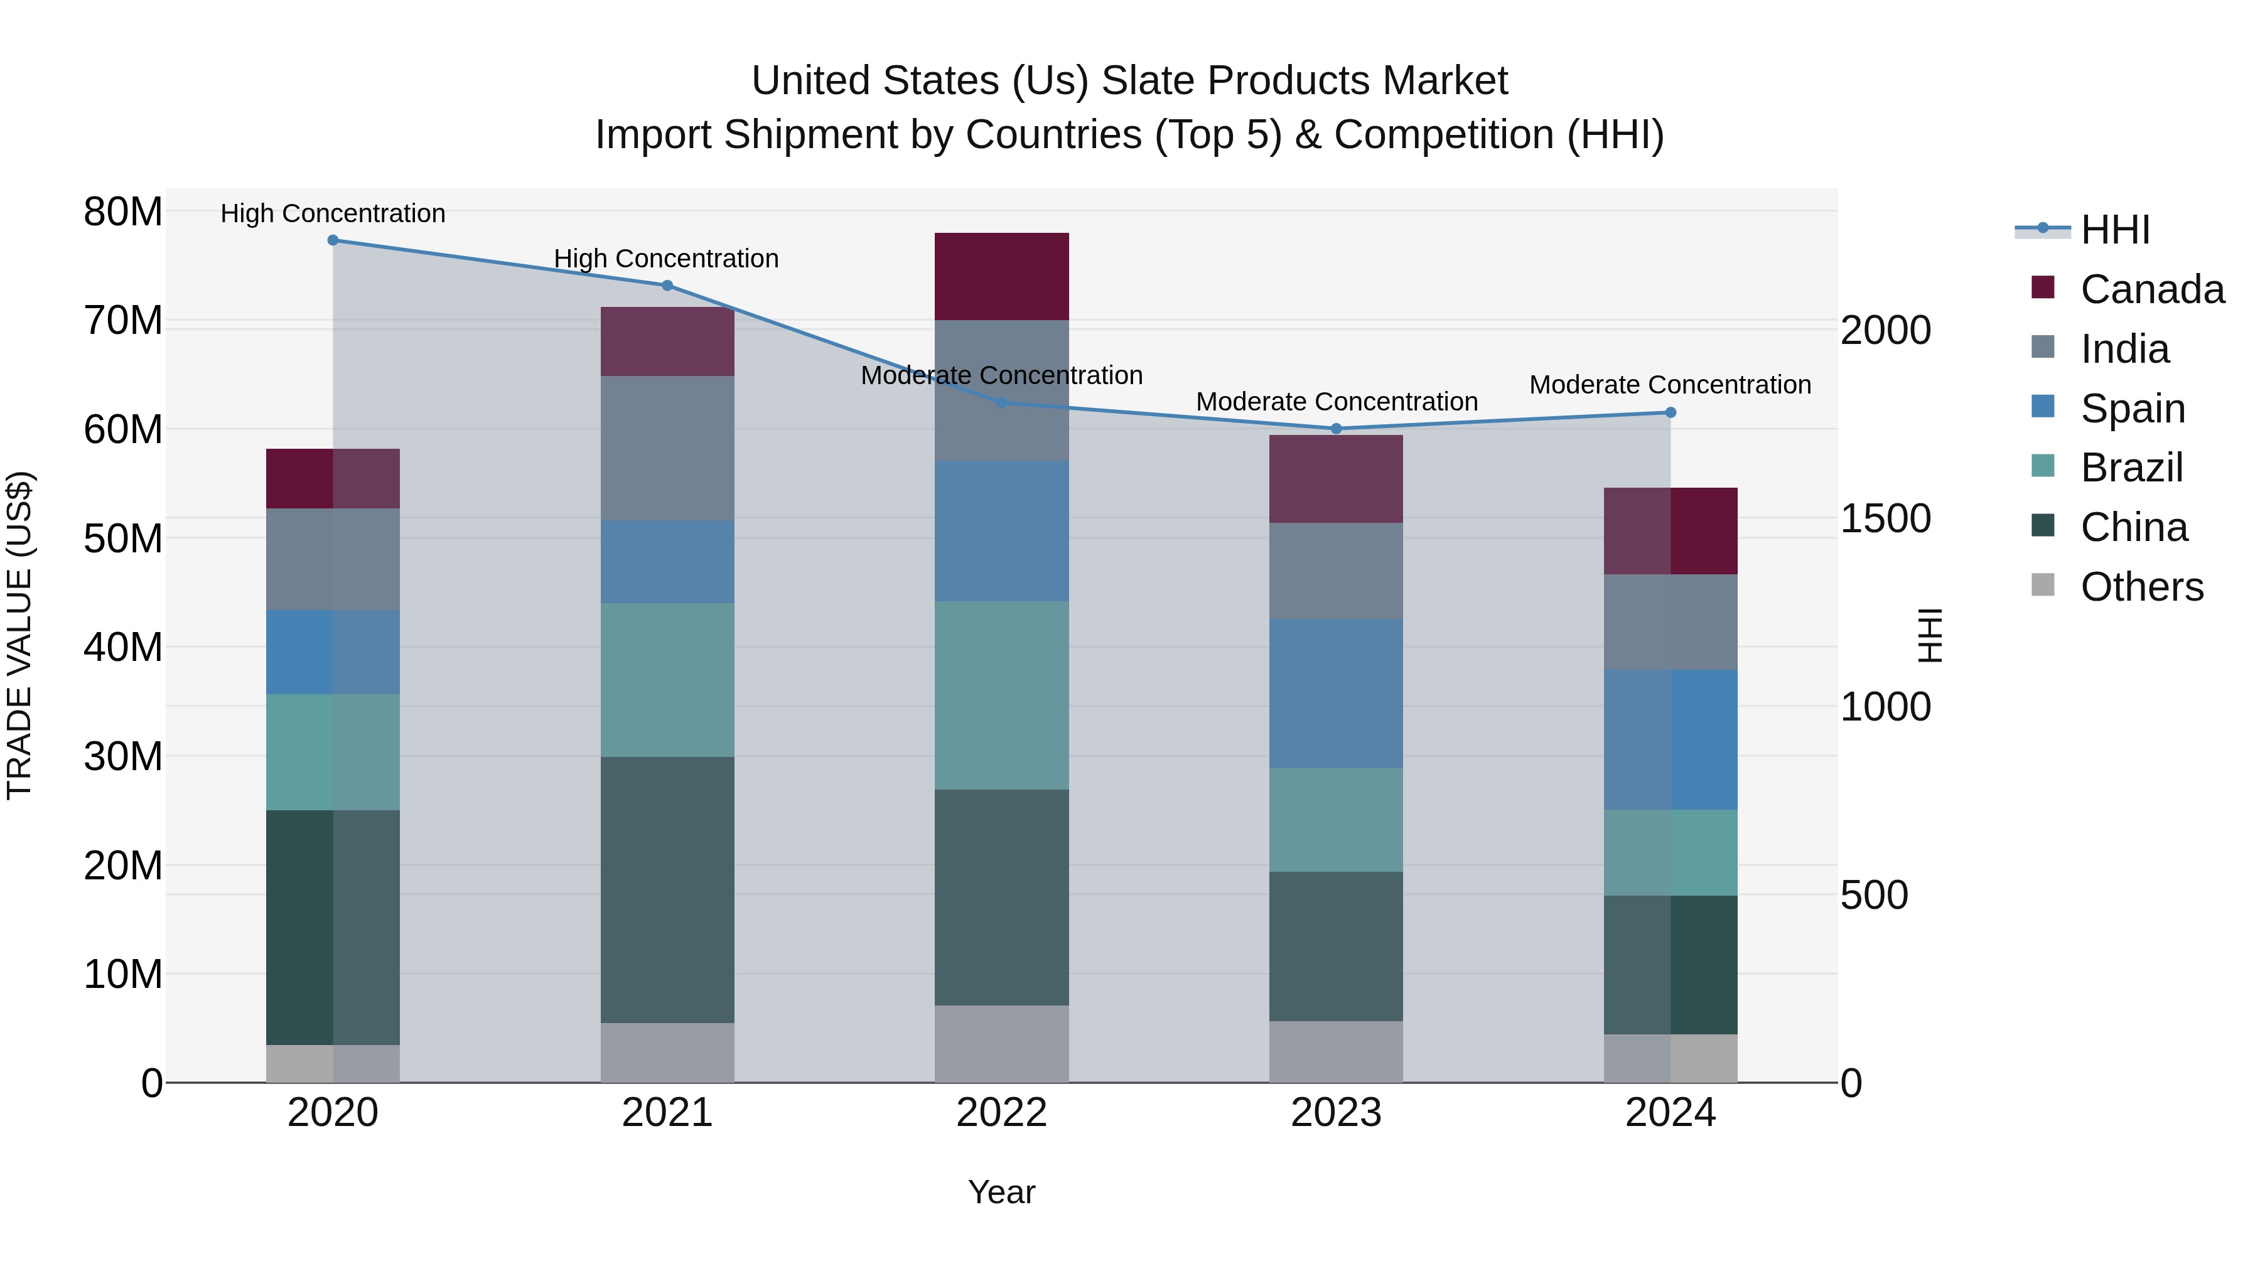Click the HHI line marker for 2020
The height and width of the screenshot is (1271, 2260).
pyautogui.click(x=333, y=240)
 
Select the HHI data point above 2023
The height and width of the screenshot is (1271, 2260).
pyautogui.click(x=1336, y=429)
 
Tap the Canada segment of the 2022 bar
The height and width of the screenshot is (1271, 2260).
pyautogui.click(x=1001, y=276)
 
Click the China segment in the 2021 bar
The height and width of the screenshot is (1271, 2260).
pyautogui.click(x=667, y=889)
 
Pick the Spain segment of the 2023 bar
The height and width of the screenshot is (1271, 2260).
pyautogui.click(x=1336, y=694)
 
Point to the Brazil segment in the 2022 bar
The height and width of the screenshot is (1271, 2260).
pyautogui.click(x=1001, y=695)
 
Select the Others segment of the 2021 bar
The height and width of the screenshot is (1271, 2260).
pyautogui.click(x=667, y=1053)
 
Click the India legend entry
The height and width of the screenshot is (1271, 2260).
pyautogui.click(x=2124, y=349)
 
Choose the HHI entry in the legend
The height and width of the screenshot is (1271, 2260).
pyautogui.click(x=2114, y=230)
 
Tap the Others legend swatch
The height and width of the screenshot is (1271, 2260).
pyautogui.click(x=2042, y=585)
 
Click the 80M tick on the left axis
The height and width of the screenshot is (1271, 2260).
pyautogui.click(x=123, y=212)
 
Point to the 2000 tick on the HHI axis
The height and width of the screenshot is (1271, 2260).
pyautogui.click(x=1885, y=331)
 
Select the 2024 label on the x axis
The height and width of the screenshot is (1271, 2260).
pyautogui.click(x=1669, y=1113)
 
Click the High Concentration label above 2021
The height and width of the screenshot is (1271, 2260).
pyautogui.click(x=666, y=259)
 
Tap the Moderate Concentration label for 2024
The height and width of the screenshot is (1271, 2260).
pyautogui.click(x=1669, y=385)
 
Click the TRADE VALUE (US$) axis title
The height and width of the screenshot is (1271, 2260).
pyautogui.click(x=19, y=635)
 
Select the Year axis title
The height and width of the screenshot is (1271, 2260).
pyautogui.click(x=1001, y=1192)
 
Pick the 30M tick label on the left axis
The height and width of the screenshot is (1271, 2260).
pyautogui.click(x=123, y=756)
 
